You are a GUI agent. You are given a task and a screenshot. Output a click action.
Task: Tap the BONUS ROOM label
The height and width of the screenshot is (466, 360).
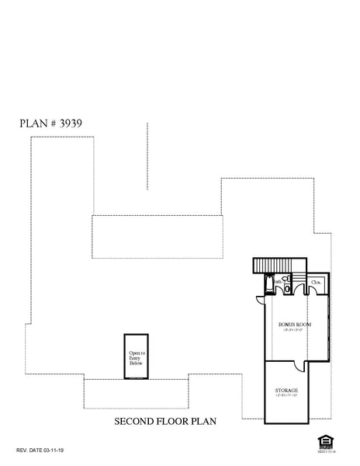(294, 324)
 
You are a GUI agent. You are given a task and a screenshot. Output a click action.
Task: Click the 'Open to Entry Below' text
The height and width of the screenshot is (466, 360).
(137, 358)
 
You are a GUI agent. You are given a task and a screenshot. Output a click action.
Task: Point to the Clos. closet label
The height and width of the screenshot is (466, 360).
(317, 282)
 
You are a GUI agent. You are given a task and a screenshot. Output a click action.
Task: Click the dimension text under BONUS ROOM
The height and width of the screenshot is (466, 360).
(294, 331)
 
